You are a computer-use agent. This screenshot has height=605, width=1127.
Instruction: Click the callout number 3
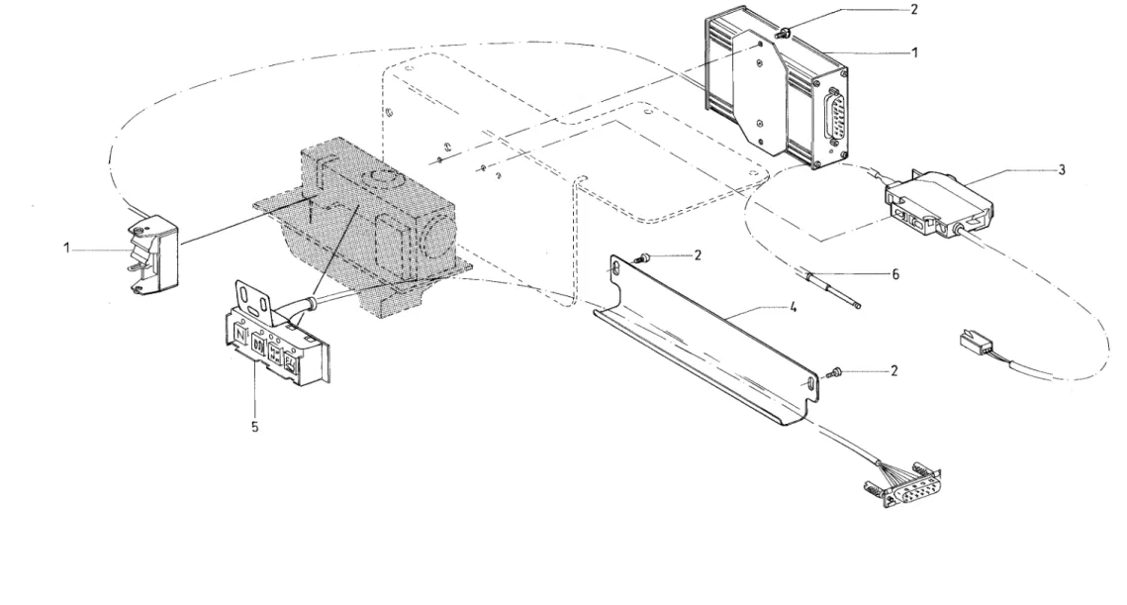point(1062,170)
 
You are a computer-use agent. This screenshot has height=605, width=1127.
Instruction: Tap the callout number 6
point(895,274)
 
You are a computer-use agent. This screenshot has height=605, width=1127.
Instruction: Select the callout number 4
point(794,307)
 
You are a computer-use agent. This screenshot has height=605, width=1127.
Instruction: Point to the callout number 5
point(254,427)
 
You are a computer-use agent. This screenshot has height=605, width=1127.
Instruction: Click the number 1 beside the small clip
point(67,249)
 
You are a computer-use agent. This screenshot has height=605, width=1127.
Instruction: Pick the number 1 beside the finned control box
point(915,52)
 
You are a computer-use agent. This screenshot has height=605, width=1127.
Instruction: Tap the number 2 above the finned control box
point(913,9)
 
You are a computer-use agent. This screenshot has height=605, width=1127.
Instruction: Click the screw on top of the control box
point(785,32)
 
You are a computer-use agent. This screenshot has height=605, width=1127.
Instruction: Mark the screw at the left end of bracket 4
point(643,257)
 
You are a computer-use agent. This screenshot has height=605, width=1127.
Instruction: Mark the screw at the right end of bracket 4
point(837,372)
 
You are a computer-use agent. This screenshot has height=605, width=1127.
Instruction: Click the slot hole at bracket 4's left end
point(616,269)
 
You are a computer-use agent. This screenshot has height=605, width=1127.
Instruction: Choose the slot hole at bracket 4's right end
point(810,385)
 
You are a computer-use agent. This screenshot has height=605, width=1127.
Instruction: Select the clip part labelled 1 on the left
point(153,255)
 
